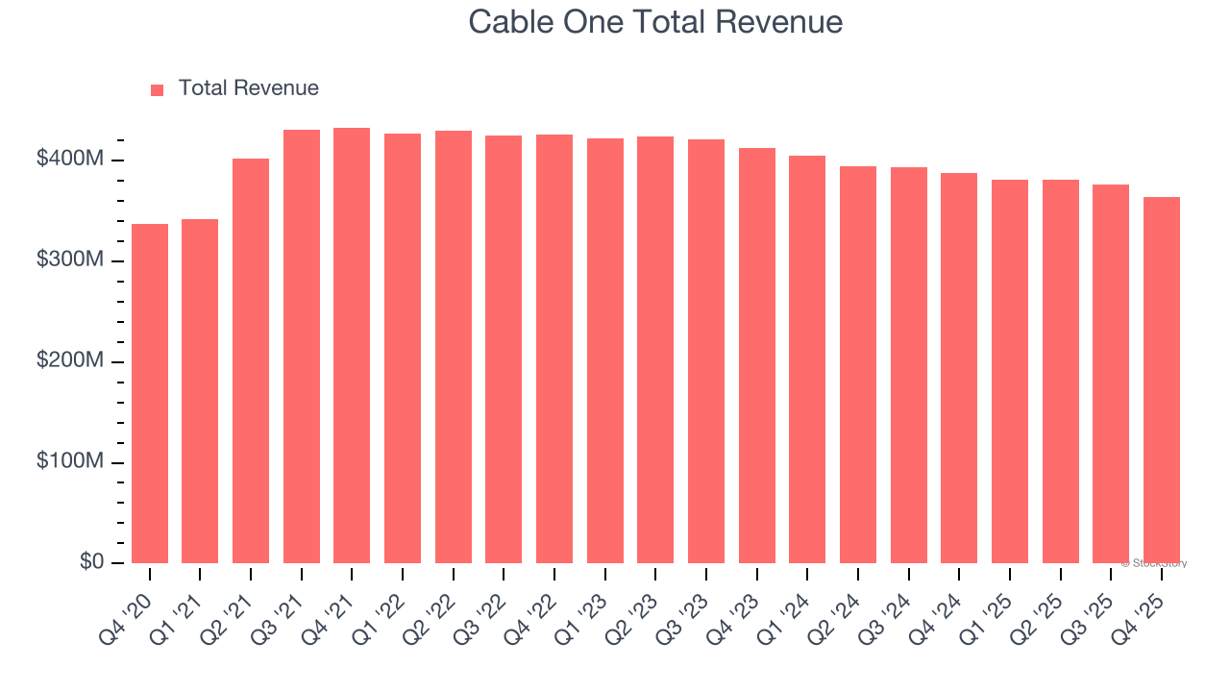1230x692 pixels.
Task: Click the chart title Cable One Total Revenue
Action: point(655,22)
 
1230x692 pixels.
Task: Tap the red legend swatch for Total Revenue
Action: point(158,89)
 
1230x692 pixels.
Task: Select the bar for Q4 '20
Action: point(150,394)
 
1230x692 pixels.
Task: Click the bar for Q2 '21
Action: point(251,361)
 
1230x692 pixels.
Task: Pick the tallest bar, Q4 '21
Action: point(352,346)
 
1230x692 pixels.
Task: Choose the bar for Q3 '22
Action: point(504,350)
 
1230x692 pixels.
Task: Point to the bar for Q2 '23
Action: point(655,350)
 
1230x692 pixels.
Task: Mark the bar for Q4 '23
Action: point(756,356)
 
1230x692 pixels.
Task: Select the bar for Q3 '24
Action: point(908,365)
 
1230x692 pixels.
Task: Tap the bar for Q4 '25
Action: point(1161,381)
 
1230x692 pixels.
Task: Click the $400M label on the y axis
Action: point(70,159)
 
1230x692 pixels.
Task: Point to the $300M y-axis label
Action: point(70,260)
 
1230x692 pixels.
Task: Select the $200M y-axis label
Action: point(70,361)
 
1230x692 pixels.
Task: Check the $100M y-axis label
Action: point(70,462)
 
